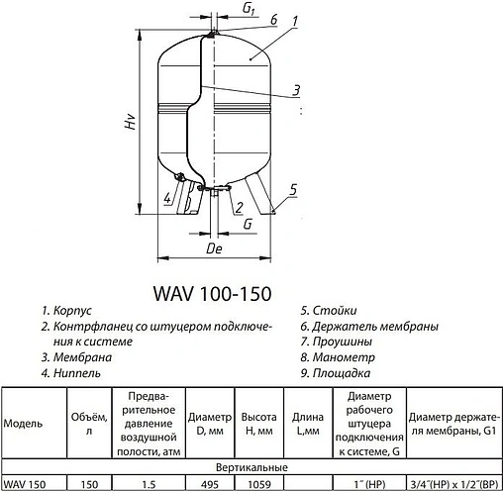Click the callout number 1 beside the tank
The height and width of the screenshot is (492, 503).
pyautogui.click(x=297, y=21)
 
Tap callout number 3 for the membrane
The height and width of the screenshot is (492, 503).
pyautogui.click(x=296, y=90)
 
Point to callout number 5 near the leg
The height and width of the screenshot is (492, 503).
pyautogui.click(x=294, y=189)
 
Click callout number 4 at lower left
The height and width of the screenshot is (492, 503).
pyautogui.click(x=168, y=198)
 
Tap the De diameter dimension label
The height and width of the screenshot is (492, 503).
pyautogui.click(x=214, y=250)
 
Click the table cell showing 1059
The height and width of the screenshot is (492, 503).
pyautogui.click(x=258, y=483)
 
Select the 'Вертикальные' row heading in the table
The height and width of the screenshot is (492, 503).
pyautogui.click(x=251, y=466)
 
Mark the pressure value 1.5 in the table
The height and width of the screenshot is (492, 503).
pyautogui.click(x=150, y=483)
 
